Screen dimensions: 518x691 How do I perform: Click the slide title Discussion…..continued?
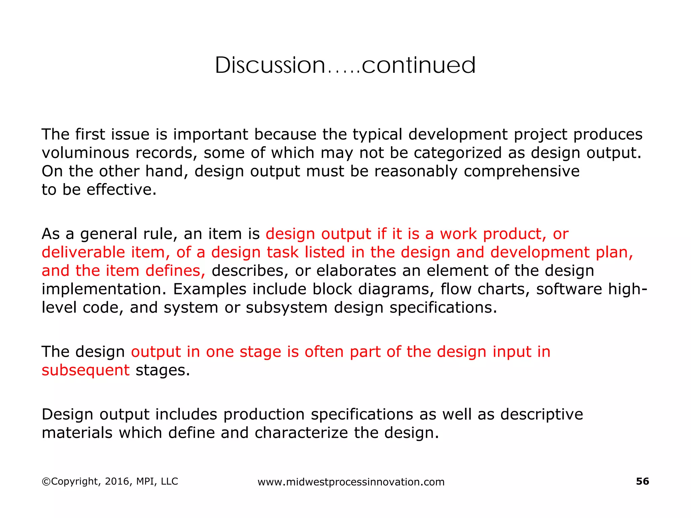(345, 65)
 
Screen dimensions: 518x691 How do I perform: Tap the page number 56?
(642, 481)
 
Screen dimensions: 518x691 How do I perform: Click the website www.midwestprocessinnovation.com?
(351, 482)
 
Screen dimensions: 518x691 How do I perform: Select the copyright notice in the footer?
(110, 481)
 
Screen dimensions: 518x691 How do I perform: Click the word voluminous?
(85, 153)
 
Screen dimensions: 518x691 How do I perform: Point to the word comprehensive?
(521, 171)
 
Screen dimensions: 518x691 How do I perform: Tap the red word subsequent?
(85, 370)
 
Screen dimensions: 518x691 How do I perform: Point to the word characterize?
(301, 433)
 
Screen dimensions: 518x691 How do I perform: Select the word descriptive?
(542, 414)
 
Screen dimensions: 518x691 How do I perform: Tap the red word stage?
(260, 352)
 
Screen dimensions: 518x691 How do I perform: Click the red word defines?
(175, 271)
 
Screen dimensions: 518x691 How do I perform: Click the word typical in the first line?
(378, 135)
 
